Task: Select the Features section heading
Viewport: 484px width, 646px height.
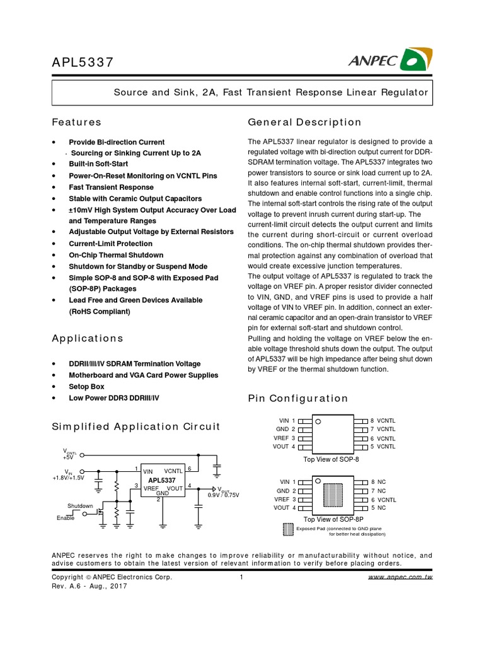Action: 76,122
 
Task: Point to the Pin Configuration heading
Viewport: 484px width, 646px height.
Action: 298,398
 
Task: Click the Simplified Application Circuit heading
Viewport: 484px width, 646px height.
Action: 135,426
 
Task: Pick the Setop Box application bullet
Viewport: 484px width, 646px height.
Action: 86,386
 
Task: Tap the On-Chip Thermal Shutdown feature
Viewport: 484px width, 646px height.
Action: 115,255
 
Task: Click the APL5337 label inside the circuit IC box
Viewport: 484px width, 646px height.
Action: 162,479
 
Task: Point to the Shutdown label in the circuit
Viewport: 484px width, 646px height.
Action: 80,506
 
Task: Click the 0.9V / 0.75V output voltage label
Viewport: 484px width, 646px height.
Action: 224,495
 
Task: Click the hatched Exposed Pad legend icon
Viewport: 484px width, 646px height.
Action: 288,530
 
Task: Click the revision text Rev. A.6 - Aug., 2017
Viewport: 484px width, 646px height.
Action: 89,586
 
